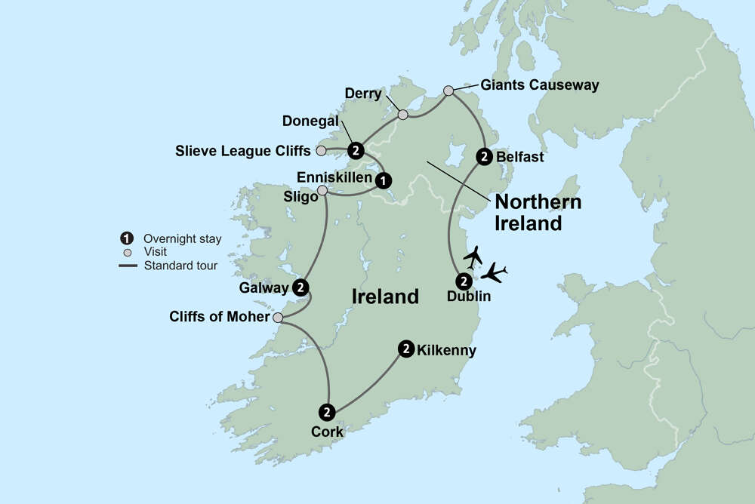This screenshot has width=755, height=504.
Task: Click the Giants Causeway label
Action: pyautogui.click(x=538, y=85)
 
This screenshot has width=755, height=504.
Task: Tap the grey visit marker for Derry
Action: pyautogui.click(x=402, y=115)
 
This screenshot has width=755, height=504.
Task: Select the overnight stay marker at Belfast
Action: pyautogui.click(x=484, y=157)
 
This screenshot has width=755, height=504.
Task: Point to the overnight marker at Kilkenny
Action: pyautogui.click(x=406, y=349)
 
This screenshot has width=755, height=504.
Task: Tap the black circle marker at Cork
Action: pyautogui.click(x=327, y=412)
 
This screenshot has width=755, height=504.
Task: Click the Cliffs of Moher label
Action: pyautogui.click(x=220, y=317)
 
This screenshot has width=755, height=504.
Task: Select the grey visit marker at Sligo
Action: pyautogui.click(x=323, y=191)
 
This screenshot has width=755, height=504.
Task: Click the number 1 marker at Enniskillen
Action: pyautogui.click(x=384, y=180)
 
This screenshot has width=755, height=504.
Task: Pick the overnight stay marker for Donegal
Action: pyautogui.click(x=355, y=149)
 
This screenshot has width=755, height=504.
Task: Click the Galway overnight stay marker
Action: pyautogui.click(x=300, y=287)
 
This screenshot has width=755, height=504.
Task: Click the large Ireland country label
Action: pyautogui.click(x=385, y=297)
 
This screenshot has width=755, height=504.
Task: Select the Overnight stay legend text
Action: pyautogui.click(x=182, y=239)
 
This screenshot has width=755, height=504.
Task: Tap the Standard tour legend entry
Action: pyautogui.click(x=180, y=266)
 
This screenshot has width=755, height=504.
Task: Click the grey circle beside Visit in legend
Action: pyautogui.click(x=127, y=252)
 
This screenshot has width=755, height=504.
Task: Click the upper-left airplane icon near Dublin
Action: pyautogui.click(x=473, y=257)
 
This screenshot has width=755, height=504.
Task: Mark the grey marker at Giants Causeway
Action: pyautogui.click(x=448, y=91)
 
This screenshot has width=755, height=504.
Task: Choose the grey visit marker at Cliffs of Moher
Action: pyautogui.click(x=278, y=318)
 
